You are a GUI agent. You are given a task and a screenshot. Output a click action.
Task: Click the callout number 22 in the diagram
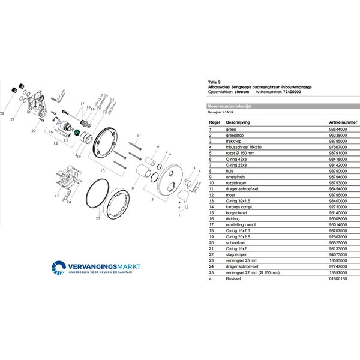(5, 112)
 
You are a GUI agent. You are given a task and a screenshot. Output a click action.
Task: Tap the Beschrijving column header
(237, 121)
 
